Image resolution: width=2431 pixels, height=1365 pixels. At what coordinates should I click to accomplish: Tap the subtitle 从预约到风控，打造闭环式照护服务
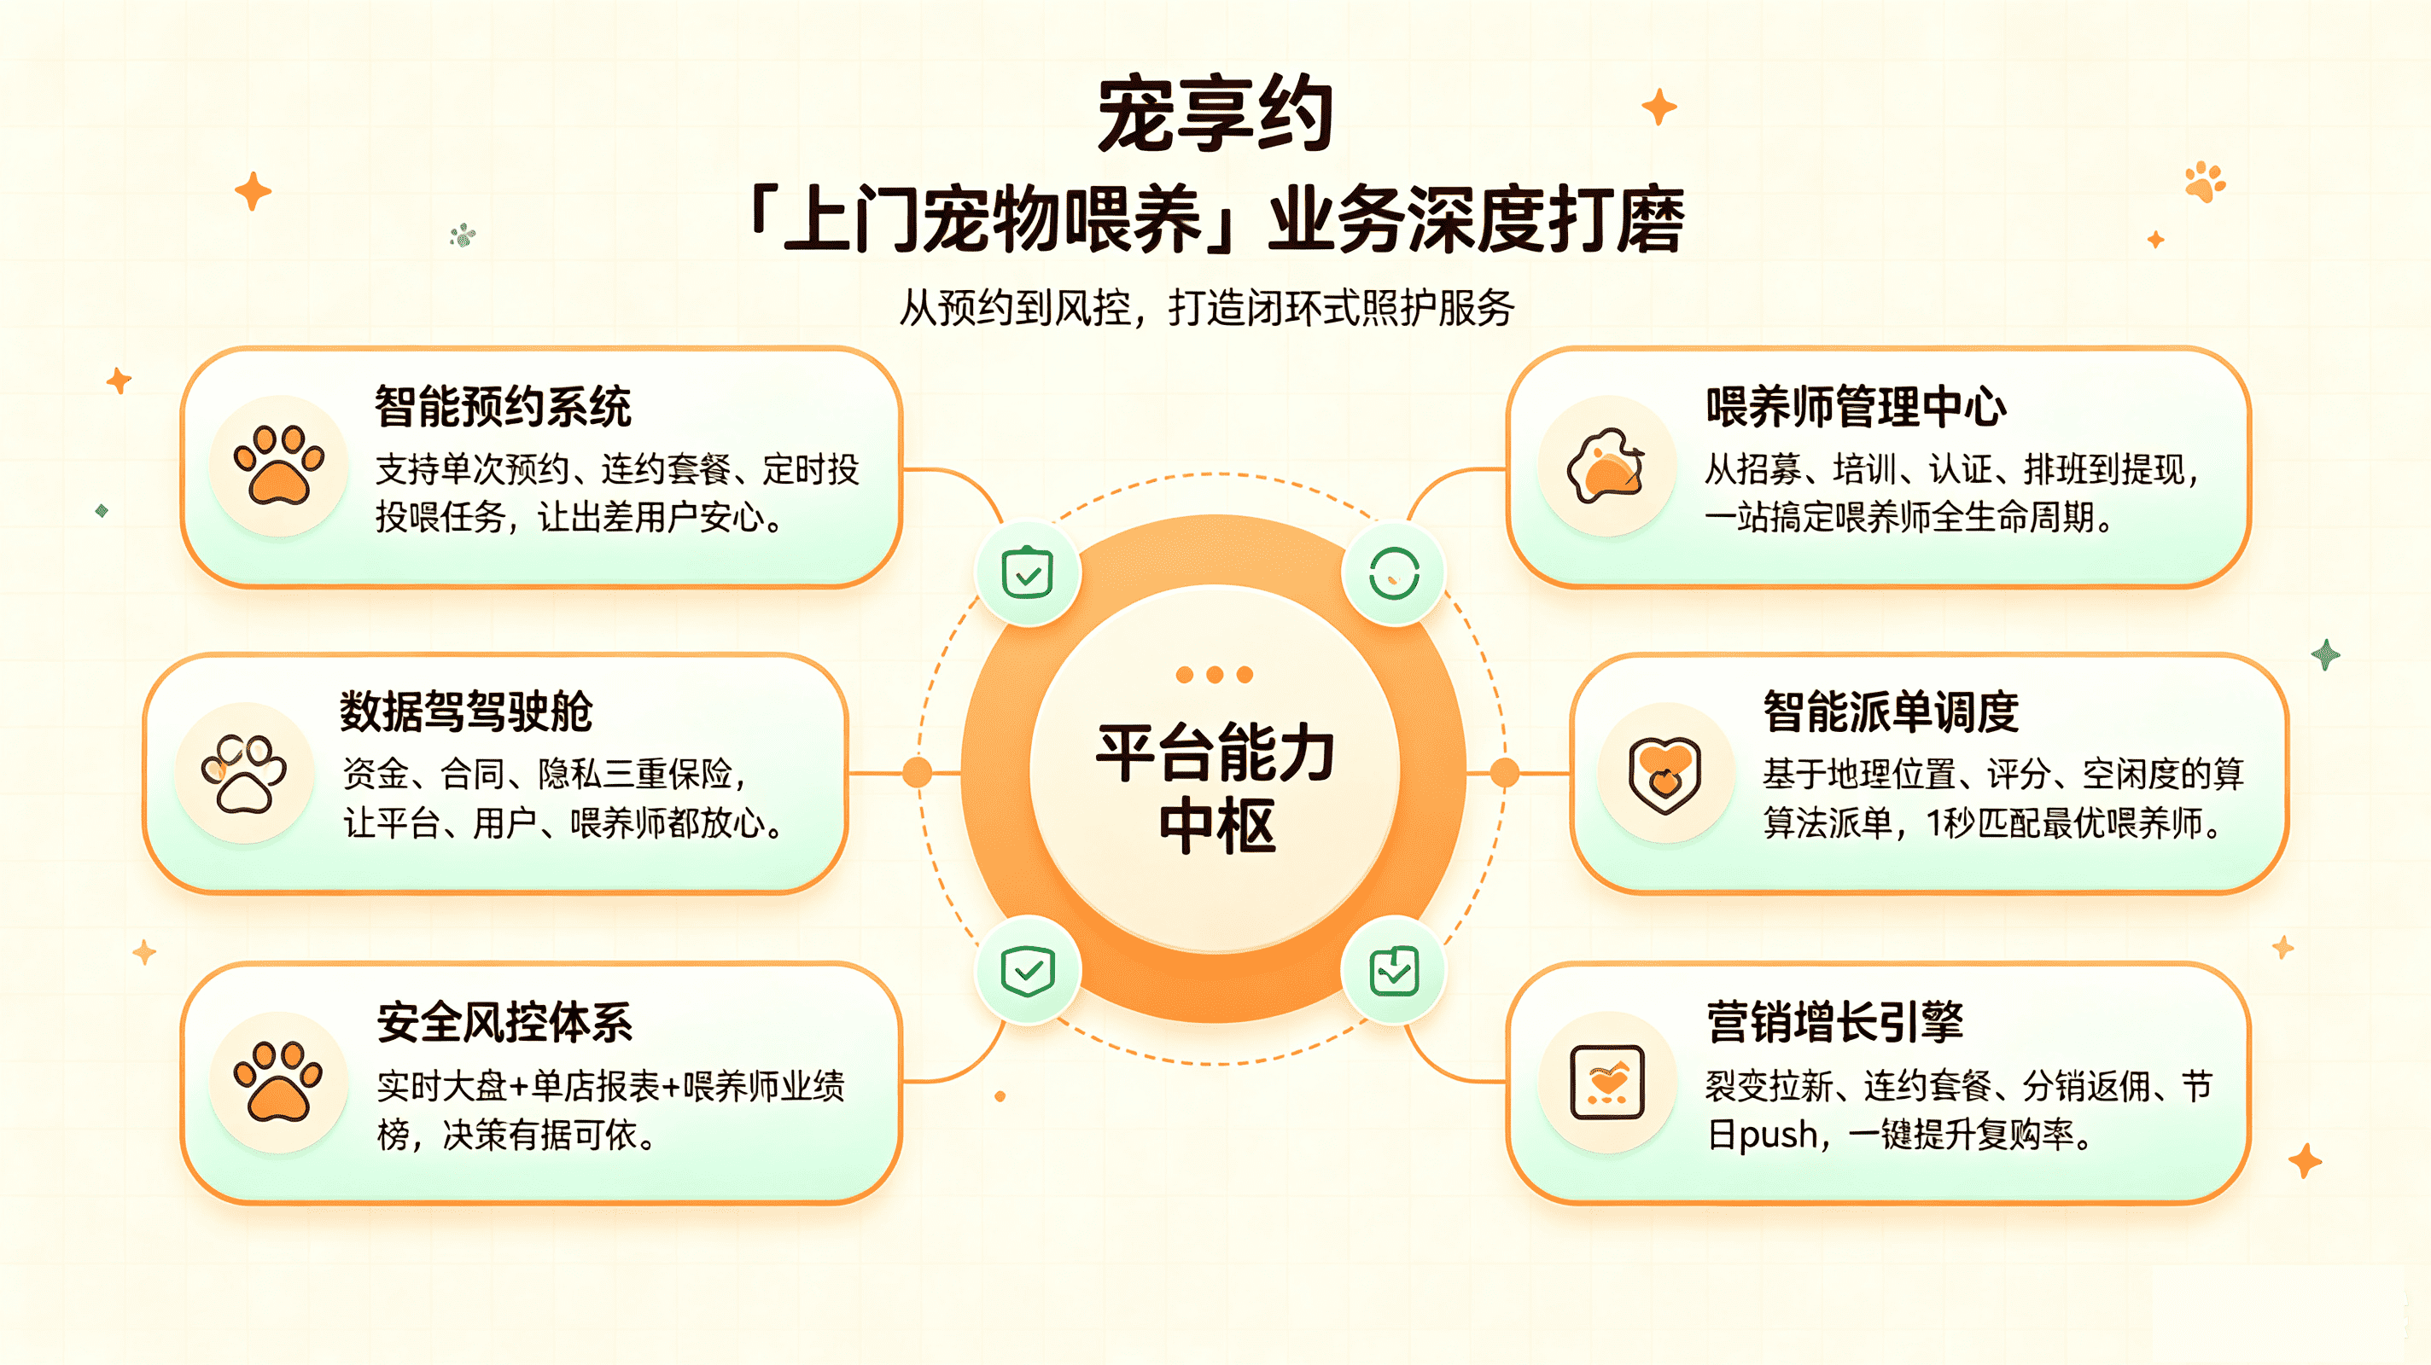1206,307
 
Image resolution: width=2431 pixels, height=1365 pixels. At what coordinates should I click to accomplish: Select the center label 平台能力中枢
1215,787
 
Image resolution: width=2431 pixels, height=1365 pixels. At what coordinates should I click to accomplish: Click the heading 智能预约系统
503,407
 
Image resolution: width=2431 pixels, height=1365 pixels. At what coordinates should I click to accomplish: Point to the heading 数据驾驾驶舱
466,712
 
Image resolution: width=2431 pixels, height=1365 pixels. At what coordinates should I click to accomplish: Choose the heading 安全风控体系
504,1022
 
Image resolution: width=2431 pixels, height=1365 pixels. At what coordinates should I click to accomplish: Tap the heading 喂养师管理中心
1857,407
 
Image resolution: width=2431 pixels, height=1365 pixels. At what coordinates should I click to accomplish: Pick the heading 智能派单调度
1892,712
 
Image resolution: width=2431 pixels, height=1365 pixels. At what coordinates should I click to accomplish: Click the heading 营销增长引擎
1835,1022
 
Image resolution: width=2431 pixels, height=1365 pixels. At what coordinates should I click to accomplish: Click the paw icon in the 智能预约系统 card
279,464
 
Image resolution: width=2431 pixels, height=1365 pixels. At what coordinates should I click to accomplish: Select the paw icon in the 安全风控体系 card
279,1081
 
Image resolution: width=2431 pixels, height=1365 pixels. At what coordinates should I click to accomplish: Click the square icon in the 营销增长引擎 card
1607,1082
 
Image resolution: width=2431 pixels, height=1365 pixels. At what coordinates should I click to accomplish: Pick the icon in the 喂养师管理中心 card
1606,464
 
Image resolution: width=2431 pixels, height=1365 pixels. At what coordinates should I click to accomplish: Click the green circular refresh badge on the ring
1394,573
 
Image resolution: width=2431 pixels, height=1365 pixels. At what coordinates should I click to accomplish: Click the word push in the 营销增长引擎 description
1778,1135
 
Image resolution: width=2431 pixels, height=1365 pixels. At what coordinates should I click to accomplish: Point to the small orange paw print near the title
2205,181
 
